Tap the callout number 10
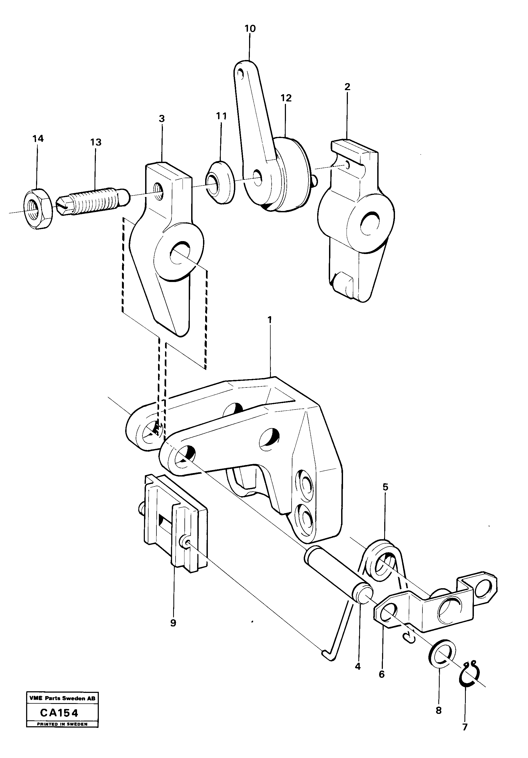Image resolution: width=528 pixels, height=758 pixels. pyautogui.click(x=250, y=29)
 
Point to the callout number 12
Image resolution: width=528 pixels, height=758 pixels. pyautogui.click(x=286, y=98)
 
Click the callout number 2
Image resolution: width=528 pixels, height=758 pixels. pyautogui.click(x=347, y=87)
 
